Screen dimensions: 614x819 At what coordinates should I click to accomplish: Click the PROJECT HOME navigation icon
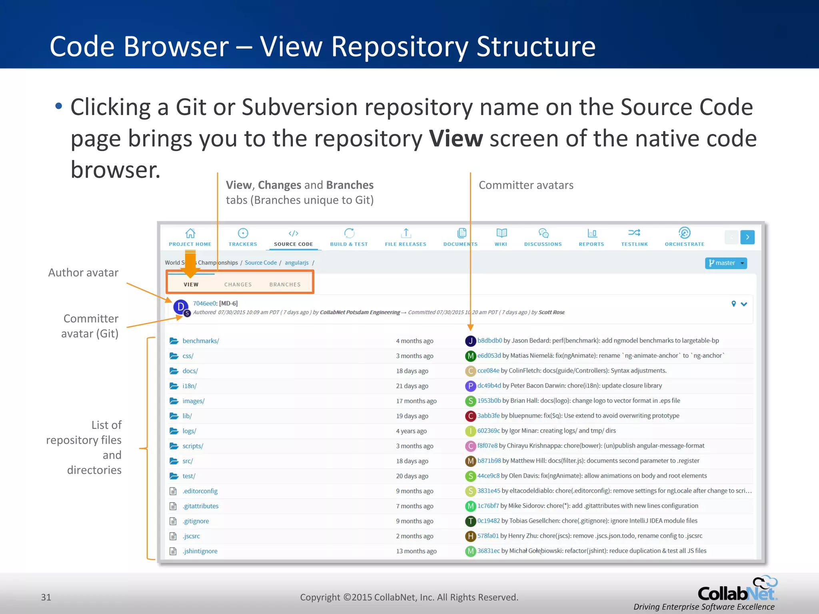pyautogui.click(x=190, y=233)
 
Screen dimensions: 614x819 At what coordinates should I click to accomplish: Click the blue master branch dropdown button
pyautogui.click(x=726, y=263)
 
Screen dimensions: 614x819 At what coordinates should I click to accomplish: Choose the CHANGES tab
pyautogui.click(x=238, y=285)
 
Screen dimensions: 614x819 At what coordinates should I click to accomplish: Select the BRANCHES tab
pyautogui.click(x=285, y=285)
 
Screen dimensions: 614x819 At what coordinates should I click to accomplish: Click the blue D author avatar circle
pyautogui.click(x=180, y=307)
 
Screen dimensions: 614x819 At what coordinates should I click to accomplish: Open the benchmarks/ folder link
pyautogui.click(x=201, y=341)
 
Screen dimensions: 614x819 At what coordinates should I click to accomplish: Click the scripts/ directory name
pyautogui.click(x=193, y=446)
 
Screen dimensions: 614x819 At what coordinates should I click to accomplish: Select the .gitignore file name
pyautogui.click(x=196, y=521)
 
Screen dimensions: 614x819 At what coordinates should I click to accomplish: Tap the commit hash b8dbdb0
pyautogui.click(x=489, y=341)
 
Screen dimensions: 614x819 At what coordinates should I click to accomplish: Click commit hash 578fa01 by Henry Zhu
pyautogui.click(x=488, y=536)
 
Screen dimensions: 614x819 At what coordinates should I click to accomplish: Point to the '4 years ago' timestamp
pyautogui.click(x=411, y=431)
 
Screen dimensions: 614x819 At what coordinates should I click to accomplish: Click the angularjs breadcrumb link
pyautogui.click(x=296, y=263)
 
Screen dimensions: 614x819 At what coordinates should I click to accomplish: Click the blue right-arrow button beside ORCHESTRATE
pyautogui.click(x=747, y=237)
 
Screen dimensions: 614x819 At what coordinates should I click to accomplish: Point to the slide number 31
pyautogui.click(x=46, y=597)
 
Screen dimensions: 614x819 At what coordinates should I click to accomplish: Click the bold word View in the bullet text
pyautogui.click(x=456, y=139)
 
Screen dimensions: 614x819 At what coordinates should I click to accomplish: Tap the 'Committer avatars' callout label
pyautogui.click(x=526, y=185)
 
